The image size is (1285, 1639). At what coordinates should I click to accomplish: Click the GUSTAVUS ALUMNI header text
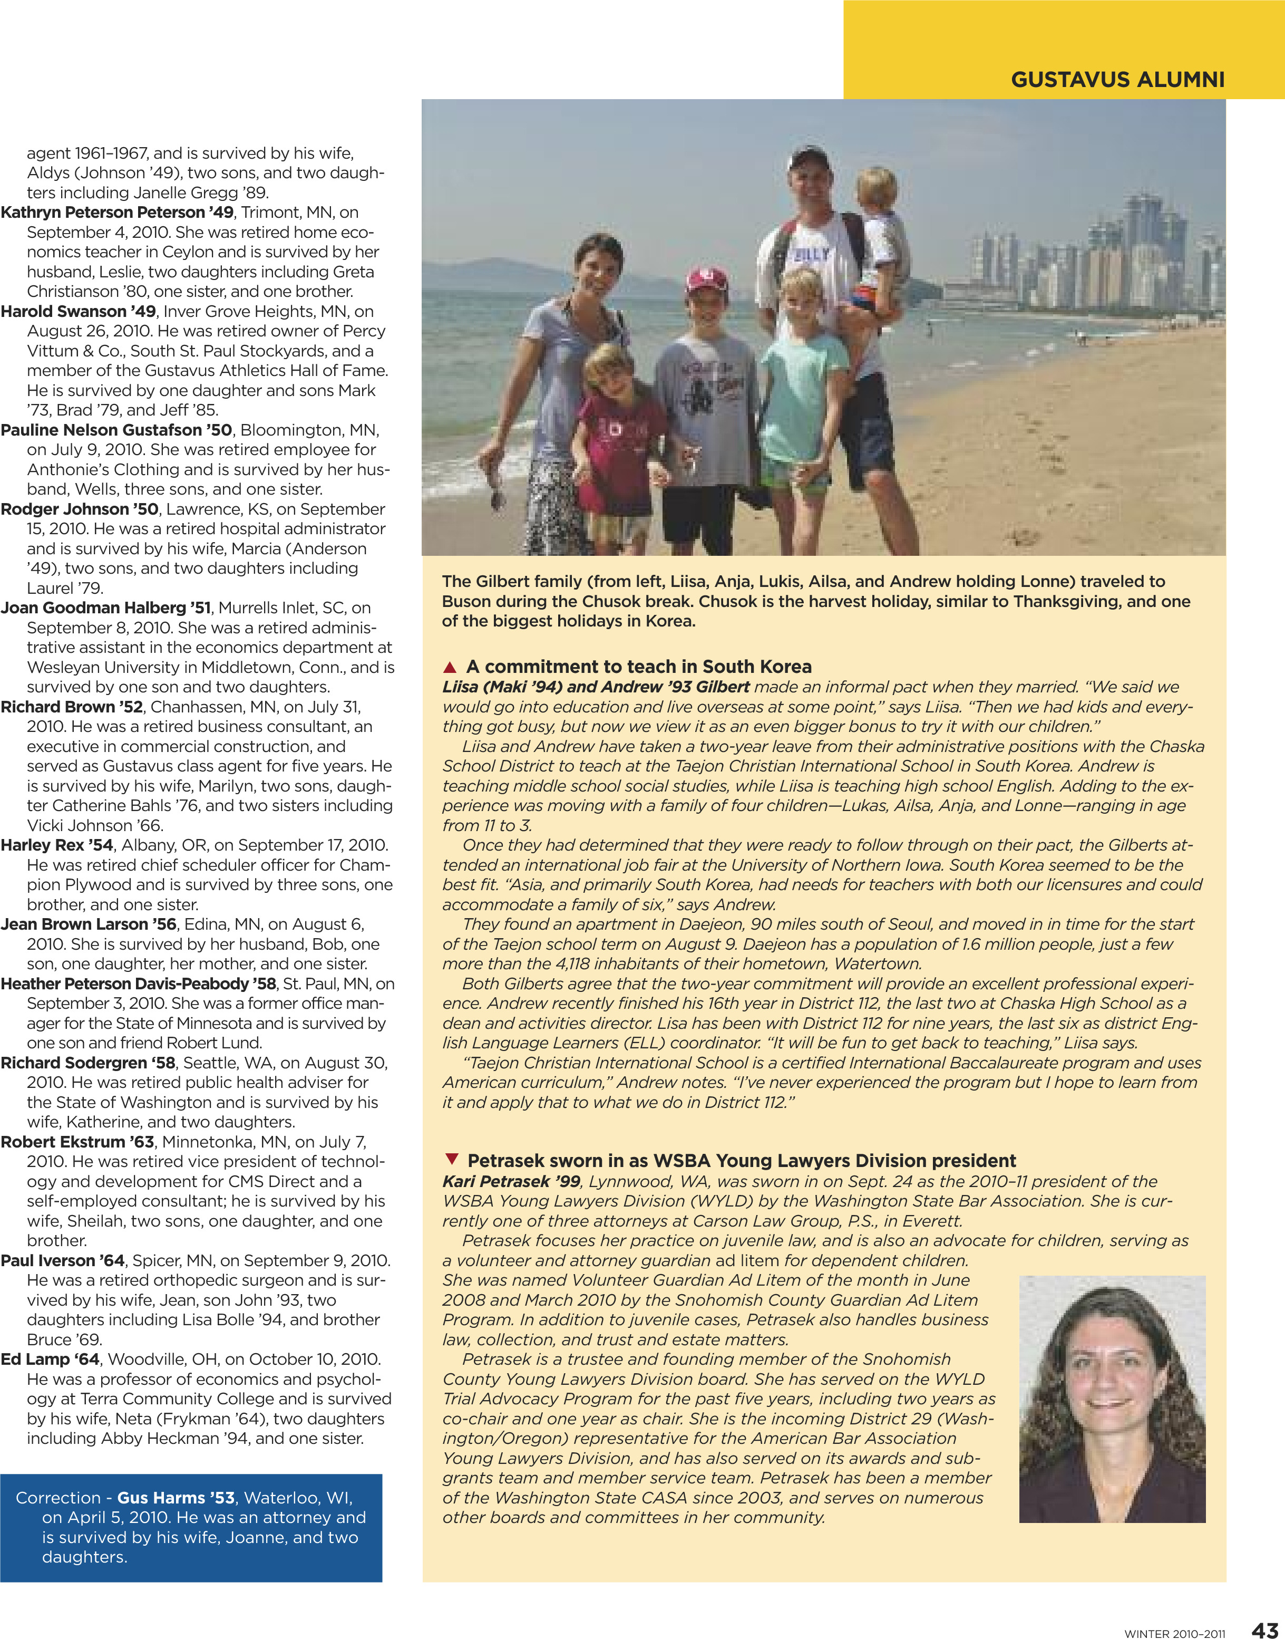click(x=1117, y=80)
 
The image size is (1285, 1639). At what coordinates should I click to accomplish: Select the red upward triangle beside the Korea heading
click(x=450, y=667)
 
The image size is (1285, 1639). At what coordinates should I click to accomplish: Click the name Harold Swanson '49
click(x=78, y=312)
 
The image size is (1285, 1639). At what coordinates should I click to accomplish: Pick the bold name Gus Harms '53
click(x=176, y=1498)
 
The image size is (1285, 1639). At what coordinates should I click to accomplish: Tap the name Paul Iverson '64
click(x=62, y=1260)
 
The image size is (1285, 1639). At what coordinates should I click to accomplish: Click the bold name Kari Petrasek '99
click(x=511, y=1181)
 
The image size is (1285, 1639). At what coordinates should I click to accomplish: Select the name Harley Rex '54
click(x=56, y=845)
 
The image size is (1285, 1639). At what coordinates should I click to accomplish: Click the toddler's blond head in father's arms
click(x=877, y=188)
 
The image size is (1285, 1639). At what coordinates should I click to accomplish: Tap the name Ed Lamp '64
click(x=50, y=1359)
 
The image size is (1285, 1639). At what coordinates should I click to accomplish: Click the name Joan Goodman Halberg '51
click(x=105, y=608)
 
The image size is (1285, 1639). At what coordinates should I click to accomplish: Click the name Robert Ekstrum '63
click(x=77, y=1142)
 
